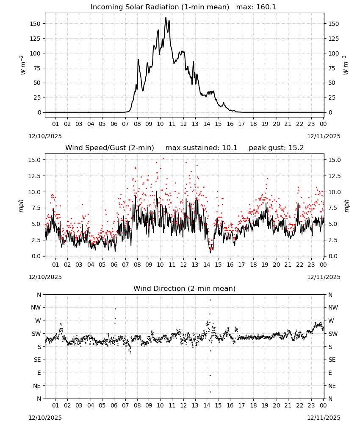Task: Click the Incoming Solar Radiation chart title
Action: (x=160, y=7)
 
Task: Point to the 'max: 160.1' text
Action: (x=256, y=7)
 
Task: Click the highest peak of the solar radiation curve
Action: (x=166, y=17)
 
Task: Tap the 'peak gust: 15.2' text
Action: (x=276, y=148)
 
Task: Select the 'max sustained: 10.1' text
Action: (x=201, y=148)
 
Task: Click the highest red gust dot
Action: (x=163, y=159)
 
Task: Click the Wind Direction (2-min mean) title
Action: (x=185, y=288)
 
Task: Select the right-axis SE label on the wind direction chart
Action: (x=332, y=360)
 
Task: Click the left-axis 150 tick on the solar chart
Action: (x=35, y=24)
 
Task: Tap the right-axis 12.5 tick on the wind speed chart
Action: (x=334, y=176)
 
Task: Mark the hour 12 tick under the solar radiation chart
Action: (x=183, y=124)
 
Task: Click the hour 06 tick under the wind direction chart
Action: (x=114, y=405)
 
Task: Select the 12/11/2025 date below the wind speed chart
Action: (x=324, y=277)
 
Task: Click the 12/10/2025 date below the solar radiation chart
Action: (x=45, y=136)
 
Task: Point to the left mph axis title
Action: (x=21, y=206)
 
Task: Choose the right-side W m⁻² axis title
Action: (x=346, y=65)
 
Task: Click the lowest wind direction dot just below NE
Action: (x=210, y=392)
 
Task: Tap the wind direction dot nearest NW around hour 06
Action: (x=115, y=309)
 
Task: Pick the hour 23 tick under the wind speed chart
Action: (x=311, y=265)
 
